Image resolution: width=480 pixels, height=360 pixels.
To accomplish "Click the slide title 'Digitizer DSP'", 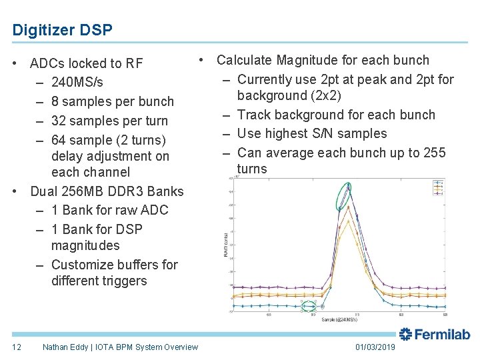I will [x=62, y=30].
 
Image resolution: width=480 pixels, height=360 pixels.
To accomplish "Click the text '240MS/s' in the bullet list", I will [x=77, y=82].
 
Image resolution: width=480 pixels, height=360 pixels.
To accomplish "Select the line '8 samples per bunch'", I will [x=112, y=101].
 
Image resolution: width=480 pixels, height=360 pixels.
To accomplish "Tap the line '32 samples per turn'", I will [x=109, y=121].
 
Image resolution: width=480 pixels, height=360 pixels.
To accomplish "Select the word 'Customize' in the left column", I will [x=79, y=265].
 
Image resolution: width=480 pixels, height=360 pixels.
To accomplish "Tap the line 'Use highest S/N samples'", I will [x=312, y=133].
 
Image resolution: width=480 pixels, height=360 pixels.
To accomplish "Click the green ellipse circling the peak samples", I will [x=344, y=195].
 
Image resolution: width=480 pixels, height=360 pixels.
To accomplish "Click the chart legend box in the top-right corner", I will [x=438, y=187].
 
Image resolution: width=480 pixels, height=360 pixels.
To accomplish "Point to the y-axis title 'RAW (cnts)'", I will [x=225, y=244].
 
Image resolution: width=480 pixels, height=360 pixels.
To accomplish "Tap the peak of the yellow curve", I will [x=341, y=221].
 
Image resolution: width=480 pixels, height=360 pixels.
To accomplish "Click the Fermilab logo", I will [x=435, y=335].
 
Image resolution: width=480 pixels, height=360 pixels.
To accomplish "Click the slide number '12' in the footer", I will [x=17, y=347].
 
